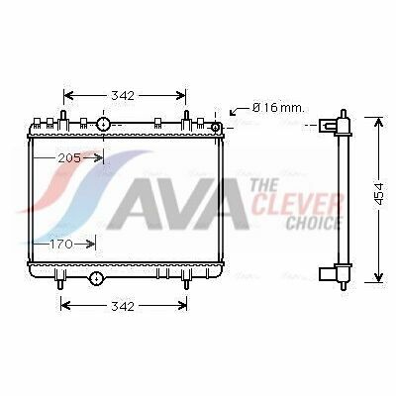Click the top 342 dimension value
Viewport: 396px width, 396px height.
123,96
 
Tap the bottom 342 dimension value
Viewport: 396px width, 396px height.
123,306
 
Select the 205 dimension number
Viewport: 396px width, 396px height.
69,158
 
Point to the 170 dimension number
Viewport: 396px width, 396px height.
61,245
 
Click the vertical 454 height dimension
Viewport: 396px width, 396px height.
379,194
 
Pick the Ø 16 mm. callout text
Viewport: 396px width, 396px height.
278,108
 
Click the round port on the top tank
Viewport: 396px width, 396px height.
103,125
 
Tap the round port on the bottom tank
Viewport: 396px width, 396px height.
96,278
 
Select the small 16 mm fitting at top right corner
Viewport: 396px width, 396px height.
215,127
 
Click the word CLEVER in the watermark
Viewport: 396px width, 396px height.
297,205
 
